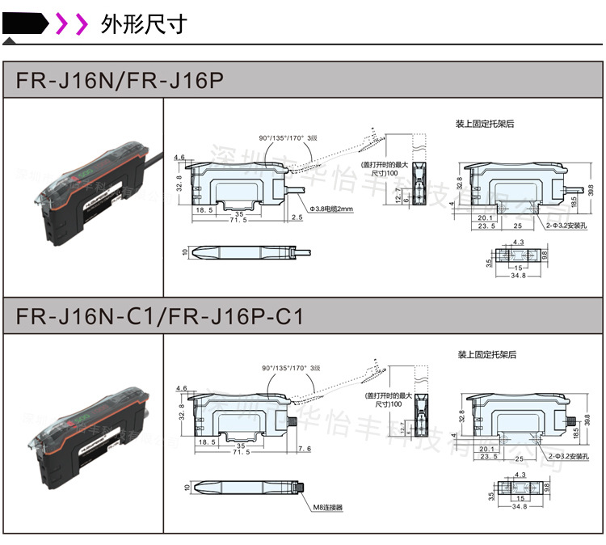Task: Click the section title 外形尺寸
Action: (x=144, y=24)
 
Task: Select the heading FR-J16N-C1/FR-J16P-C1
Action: (x=160, y=317)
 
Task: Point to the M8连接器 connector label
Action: (x=328, y=508)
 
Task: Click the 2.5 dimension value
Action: (x=297, y=218)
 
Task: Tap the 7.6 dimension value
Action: (x=305, y=449)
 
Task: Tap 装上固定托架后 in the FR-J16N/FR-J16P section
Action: (x=485, y=124)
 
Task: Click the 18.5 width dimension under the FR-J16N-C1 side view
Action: (x=207, y=442)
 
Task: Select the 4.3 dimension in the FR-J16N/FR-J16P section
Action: (x=518, y=242)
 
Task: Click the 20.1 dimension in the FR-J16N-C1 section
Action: (x=486, y=449)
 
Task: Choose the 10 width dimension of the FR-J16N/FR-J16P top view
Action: (x=185, y=252)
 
